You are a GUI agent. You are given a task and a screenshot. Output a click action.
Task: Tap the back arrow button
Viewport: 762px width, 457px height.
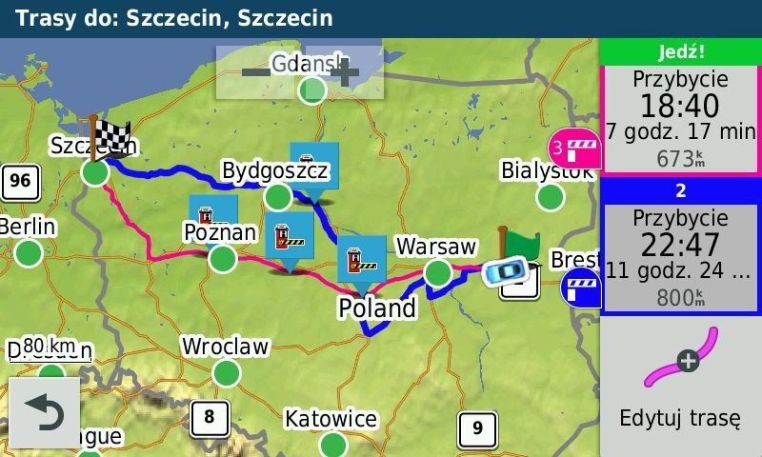coord(44,412)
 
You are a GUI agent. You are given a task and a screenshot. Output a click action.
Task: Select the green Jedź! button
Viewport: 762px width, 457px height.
coord(680,51)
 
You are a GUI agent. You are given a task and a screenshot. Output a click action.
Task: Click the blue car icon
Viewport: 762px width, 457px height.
coord(504,272)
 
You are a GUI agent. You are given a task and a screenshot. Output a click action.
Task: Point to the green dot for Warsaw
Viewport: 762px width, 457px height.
coord(437,273)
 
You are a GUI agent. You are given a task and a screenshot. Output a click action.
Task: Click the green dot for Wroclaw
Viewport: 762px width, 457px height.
coord(226,372)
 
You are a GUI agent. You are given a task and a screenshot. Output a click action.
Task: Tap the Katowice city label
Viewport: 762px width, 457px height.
coord(331,419)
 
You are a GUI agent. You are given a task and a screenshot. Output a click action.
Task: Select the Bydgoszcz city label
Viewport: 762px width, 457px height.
coord(274,171)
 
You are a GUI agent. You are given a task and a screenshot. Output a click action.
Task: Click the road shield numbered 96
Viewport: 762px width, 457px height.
coord(19,179)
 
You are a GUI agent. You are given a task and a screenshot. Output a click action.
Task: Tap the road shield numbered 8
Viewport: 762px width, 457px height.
coord(209,416)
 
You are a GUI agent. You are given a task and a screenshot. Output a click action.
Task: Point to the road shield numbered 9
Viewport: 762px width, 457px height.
coord(476,428)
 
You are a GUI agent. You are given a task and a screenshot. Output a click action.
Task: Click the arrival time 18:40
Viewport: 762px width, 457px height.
coord(679,106)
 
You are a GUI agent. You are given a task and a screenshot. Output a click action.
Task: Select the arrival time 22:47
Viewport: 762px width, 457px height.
coord(679,245)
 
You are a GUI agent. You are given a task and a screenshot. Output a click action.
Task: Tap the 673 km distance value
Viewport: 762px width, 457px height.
coord(679,159)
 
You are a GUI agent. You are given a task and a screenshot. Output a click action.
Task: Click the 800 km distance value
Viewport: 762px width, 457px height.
coord(679,298)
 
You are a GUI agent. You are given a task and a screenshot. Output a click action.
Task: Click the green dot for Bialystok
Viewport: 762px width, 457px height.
coord(550,197)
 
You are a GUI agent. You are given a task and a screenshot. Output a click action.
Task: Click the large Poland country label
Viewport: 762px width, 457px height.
coord(377,308)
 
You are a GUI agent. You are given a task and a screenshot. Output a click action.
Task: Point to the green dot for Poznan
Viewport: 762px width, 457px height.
coord(222,258)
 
